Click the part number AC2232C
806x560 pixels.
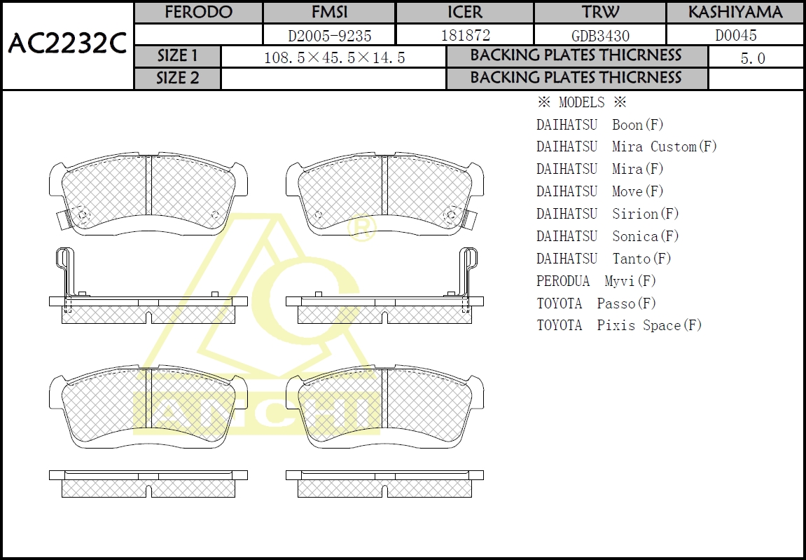click(67, 43)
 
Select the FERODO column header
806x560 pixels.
click(198, 13)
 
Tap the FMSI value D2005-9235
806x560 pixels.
click(330, 36)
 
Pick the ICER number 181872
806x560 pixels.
click(466, 35)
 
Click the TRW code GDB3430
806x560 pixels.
click(600, 36)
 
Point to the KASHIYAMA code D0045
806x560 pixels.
click(736, 35)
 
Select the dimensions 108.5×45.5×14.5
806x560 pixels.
click(334, 57)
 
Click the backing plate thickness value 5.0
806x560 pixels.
click(753, 58)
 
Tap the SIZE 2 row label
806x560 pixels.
click(177, 78)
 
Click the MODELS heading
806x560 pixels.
click(581, 102)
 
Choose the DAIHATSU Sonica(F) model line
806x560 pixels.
click(608, 236)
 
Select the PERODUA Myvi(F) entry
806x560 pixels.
click(597, 281)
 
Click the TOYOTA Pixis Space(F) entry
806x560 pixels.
click(619, 325)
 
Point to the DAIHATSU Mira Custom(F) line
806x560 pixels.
click(627, 146)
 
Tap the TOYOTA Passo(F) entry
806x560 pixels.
click(597, 303)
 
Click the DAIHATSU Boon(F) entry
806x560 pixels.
click(600, 125)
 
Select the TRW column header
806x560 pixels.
click(600, 13)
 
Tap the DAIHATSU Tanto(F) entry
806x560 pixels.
click(604, 259)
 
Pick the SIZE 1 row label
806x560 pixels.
click(177, 55)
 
